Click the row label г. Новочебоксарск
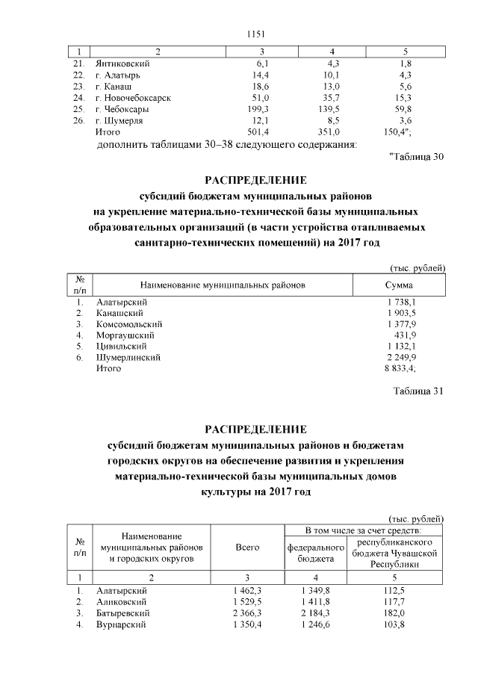pos(133,98)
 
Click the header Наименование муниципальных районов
pos(223,285)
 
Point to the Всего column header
pos(247,548)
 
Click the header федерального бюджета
pos(315,553)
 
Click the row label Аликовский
pos(122,601)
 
